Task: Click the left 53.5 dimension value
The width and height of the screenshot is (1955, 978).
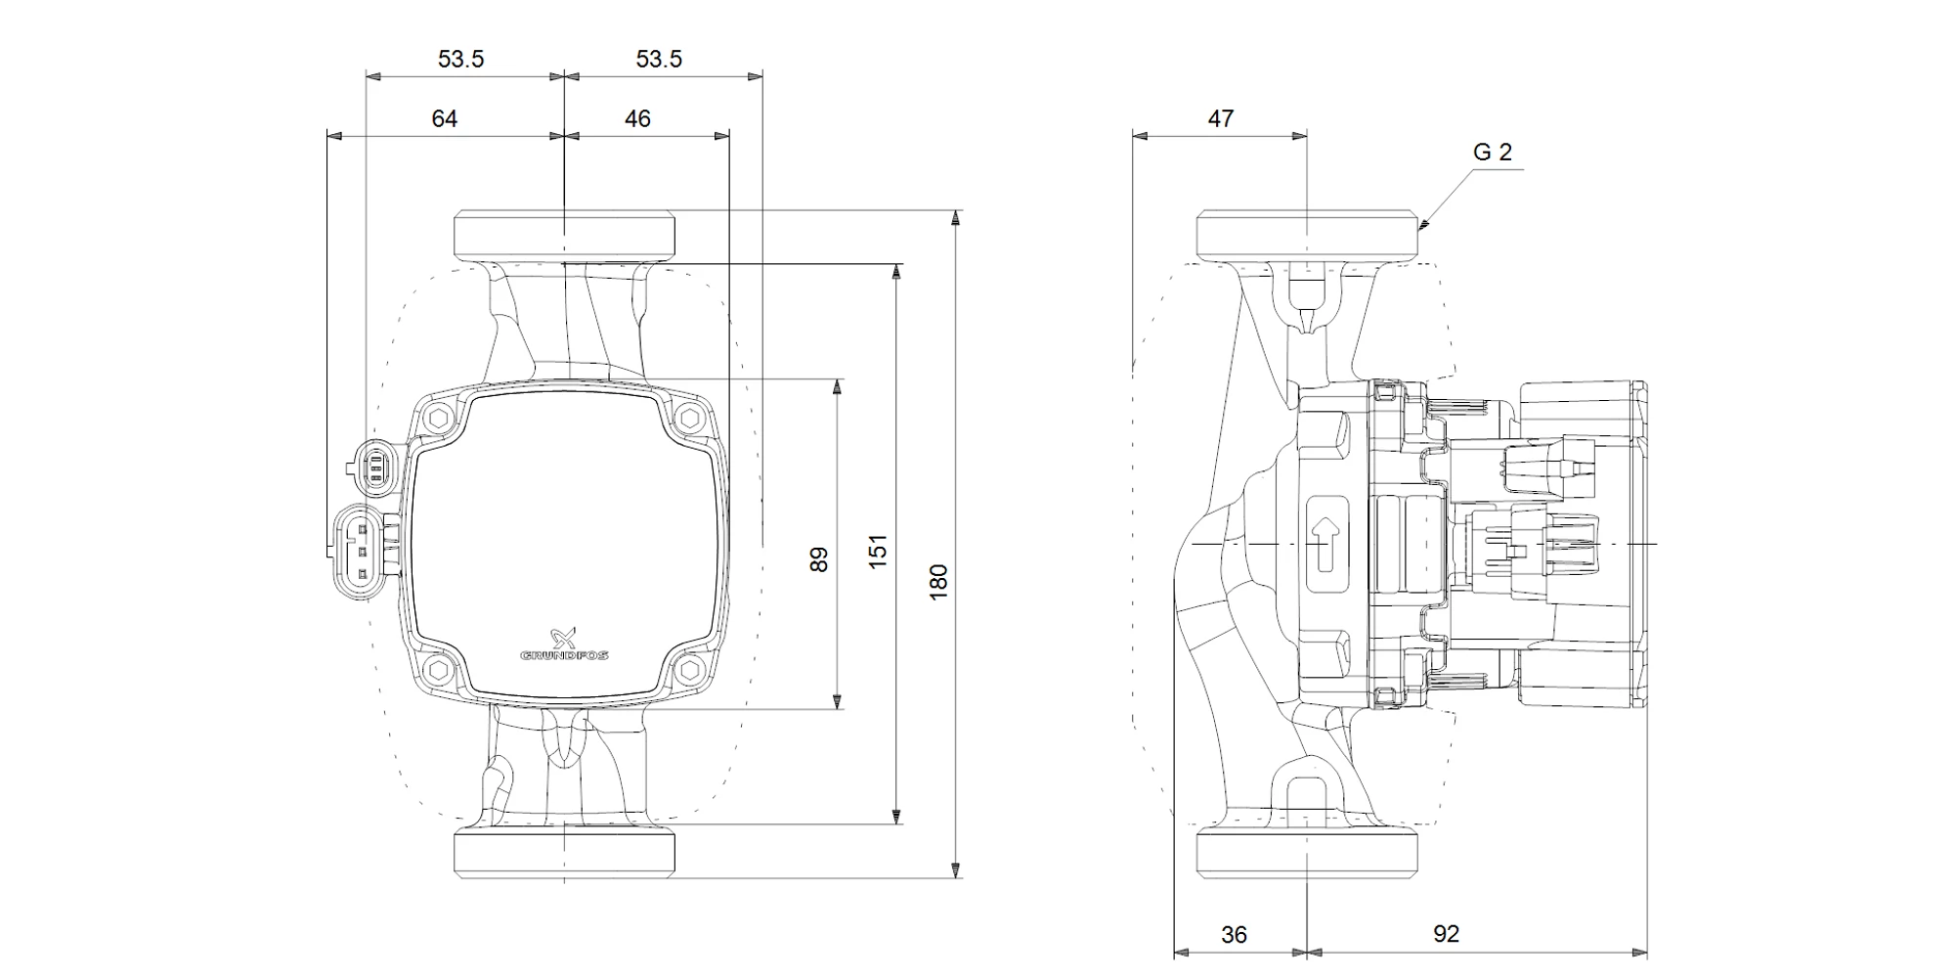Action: pyautogui.click(x=460, y=60)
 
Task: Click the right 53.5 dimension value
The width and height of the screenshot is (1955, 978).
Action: pyautogui.click(x=659, y=60)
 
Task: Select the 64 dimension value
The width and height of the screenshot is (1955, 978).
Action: pyautogui.click(x=445, y=119)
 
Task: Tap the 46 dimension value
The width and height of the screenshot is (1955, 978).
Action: pyautogui.click(x=637, y=119)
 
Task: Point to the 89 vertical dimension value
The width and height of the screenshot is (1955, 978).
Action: pyautogui.click(x=819, y=559)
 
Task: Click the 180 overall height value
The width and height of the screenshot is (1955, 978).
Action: pyautogui.click(x=938, y=582)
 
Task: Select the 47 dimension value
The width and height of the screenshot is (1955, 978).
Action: pyautogui.click(x=1221, y=119)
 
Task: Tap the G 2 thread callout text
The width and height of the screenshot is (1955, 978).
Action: pyautogui.click(x=1493, y=153)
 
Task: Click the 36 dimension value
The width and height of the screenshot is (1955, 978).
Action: pyautogui.click(x=1235, y=935)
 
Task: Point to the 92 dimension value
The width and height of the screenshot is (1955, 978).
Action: pyautogui.click(x=1446, y=934)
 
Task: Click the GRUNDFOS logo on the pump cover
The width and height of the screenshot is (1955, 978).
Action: pyautogui.click(x=564, y=645)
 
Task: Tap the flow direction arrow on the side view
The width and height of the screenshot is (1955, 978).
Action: pyautogui.click(x=1326, y=544)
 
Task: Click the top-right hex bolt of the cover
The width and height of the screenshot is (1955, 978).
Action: pyautogui.click(x=691, y=419)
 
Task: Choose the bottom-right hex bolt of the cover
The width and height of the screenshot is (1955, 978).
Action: pyautogui.click(x=691, y=670)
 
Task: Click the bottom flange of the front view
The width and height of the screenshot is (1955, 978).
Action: pyautogui.click(x=564, y=852)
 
